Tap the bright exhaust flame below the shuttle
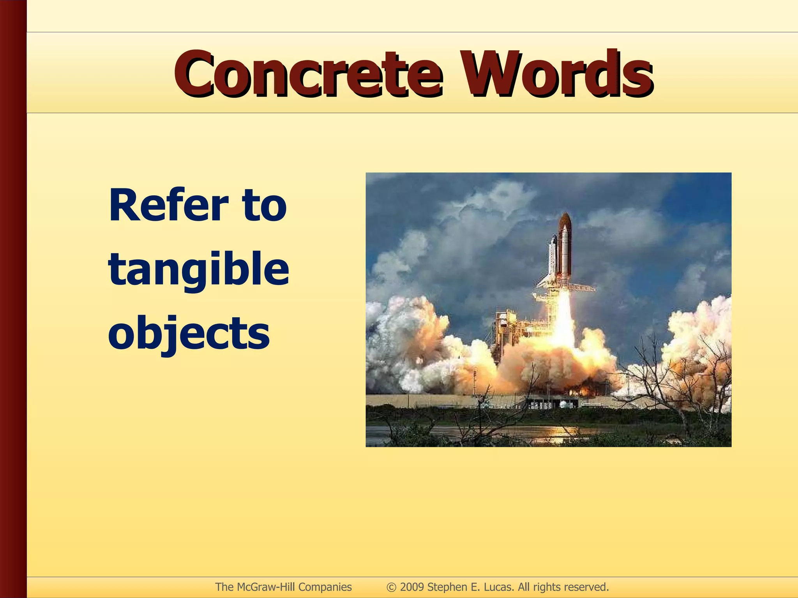click(564, 315)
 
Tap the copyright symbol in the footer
click(391, 587)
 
